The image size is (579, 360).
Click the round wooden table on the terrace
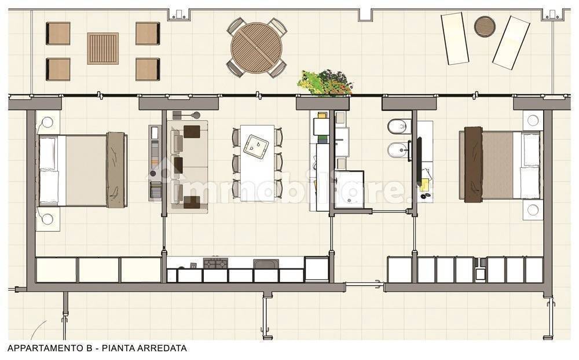[x=256, y=48]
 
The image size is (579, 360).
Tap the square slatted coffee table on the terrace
[x=102, y=49]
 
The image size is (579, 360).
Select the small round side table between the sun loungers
[x=485, y=26]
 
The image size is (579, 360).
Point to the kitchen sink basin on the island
[x=257, y=144]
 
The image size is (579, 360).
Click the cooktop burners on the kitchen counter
[x=215, y=263]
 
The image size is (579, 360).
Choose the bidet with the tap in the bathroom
[x=398, y=150]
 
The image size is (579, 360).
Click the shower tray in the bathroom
[x=349, y=189]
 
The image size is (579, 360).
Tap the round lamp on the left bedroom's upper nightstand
[x=47, y=122]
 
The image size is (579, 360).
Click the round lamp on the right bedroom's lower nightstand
[x=533, y=210]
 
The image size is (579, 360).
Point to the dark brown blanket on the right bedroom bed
[x=474, y=164]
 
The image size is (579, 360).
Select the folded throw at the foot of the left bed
[x=117, y=170]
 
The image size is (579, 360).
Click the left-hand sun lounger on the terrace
[x=455, y=38]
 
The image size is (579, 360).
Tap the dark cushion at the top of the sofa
[x=192, y=132]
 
